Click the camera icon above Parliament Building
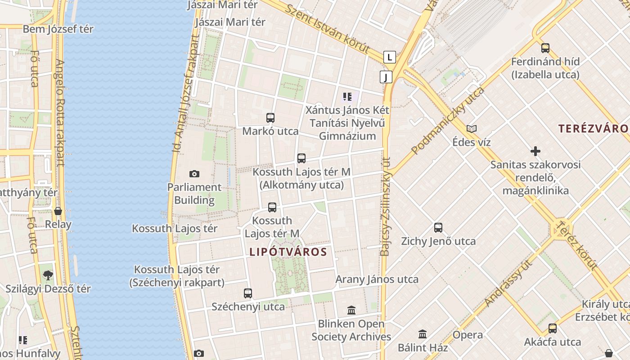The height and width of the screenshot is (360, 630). click(194, 174)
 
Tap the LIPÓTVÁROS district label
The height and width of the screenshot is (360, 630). click(288, 252)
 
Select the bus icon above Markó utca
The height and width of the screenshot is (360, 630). click(270, 118)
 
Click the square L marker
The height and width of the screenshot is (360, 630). click(390, 57)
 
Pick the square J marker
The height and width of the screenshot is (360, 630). click(386, 77)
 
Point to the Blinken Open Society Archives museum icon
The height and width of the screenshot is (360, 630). click(351, 310)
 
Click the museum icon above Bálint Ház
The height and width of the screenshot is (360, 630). click(423, 334)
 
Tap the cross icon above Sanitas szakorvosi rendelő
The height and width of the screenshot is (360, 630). click(535, 151)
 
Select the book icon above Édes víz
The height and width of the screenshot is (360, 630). click(472, 129)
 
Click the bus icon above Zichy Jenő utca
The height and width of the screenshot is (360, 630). click(438, 228)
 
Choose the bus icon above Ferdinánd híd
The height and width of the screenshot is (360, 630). click(545, 48)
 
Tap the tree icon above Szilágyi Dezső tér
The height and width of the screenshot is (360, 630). click(48, 275)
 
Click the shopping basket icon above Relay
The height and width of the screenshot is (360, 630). click(58, 211)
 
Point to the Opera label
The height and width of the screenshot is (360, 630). click(468, 335)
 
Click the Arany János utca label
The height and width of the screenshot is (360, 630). click(377, 279)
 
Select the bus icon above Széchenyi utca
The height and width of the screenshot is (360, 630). click(248, 293)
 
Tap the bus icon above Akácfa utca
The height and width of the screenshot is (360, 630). click(553, 328)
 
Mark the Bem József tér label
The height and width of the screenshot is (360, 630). click(58, 29)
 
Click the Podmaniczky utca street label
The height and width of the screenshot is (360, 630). click(448, 120)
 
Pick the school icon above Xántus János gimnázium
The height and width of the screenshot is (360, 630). click(347, 96)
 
